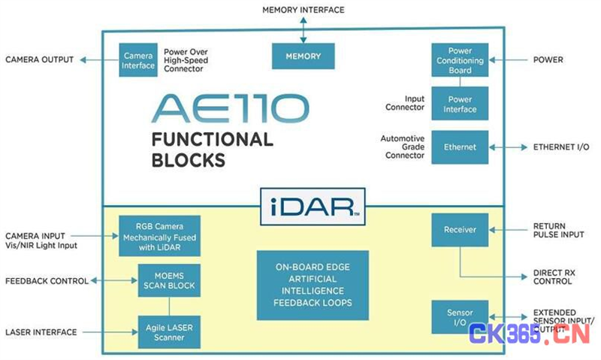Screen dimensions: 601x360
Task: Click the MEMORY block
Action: click(304, 56)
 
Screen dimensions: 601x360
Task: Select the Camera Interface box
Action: click(138, 60)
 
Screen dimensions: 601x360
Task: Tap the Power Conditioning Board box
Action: click(460, 60)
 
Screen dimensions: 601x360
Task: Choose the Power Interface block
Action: click(460, 104)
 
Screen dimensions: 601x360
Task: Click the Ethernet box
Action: click(460, 147)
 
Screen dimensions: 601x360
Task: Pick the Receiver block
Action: click(460, 230)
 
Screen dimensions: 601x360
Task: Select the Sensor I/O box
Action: click(460, 317)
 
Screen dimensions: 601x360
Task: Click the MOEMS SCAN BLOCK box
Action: click(169, 280)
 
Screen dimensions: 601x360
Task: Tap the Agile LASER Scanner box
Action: click(169, 332)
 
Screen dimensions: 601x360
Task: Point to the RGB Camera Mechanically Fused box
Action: click(159, 236)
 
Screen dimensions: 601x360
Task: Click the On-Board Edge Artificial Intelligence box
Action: click(313, 286)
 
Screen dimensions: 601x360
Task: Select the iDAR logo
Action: click(313, 206)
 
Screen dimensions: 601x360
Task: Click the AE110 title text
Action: click(231, 109)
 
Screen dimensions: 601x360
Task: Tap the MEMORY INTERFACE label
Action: click(304, 10)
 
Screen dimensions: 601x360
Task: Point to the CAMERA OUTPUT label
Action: click(40, 60)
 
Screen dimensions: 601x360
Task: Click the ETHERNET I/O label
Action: click(561, 147)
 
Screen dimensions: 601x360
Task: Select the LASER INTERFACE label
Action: click(41, 332)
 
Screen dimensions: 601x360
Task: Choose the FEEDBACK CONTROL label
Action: click(47, 281)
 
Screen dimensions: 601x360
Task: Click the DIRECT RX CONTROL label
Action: click(554, 277)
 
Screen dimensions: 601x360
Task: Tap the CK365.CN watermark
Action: click(530, 334)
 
